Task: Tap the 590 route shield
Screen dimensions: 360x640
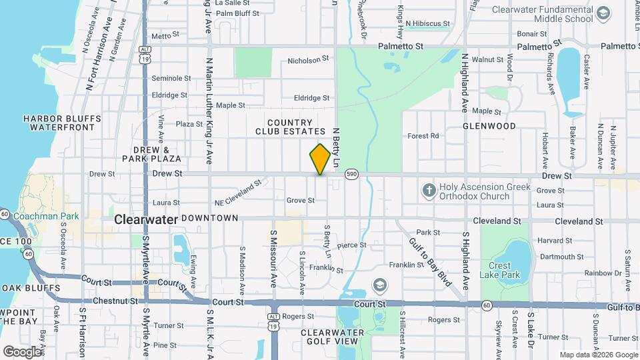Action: tap(351, 174)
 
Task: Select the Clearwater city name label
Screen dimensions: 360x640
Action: tap(145, 219)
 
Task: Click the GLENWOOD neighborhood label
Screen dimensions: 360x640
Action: tap(490, 125)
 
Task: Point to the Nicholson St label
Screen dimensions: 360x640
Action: tap(308, 59)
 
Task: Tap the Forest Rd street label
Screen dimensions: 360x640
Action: tap(423, 136)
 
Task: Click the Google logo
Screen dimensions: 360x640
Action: tap(23, 351)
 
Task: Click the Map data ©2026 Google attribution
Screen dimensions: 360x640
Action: tap(599, 355)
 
